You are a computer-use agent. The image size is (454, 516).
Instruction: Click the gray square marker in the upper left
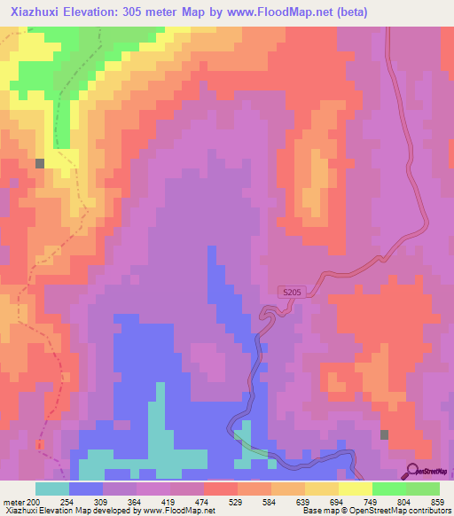pyautogui.click(x=40, y=163)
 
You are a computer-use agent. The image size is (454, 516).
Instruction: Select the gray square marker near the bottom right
pyautogui.click(x=384, y=434)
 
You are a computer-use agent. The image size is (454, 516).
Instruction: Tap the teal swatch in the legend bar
pyautogui.click(x=52, y=489)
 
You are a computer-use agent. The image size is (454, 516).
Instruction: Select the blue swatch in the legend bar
pyautogui.click(x=86, y=489)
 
